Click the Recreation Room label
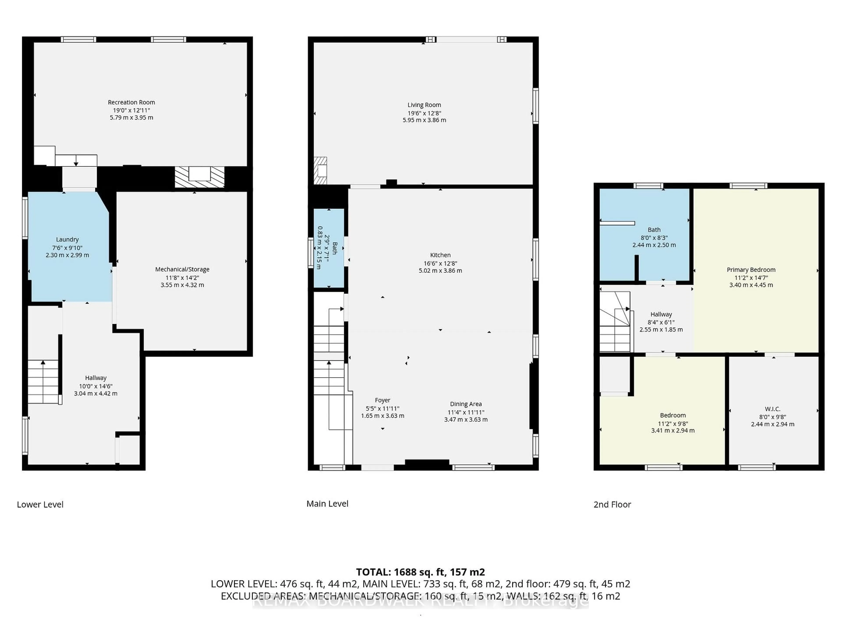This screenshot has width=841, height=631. click(131, 102)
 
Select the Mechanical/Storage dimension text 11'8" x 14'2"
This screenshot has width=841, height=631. click(182, 278)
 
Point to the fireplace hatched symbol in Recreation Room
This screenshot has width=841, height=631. click(199, 177)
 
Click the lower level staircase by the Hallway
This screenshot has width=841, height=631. click(43, 381)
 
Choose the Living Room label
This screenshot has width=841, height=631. click(424, 105)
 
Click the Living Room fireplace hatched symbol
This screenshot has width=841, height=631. click(320, 170)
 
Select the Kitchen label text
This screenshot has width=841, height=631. click(440, 255)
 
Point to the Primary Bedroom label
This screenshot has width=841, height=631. click(751, 270)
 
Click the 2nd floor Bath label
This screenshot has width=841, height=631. click(654, 230)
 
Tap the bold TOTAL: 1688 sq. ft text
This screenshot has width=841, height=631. click(420, 572)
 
